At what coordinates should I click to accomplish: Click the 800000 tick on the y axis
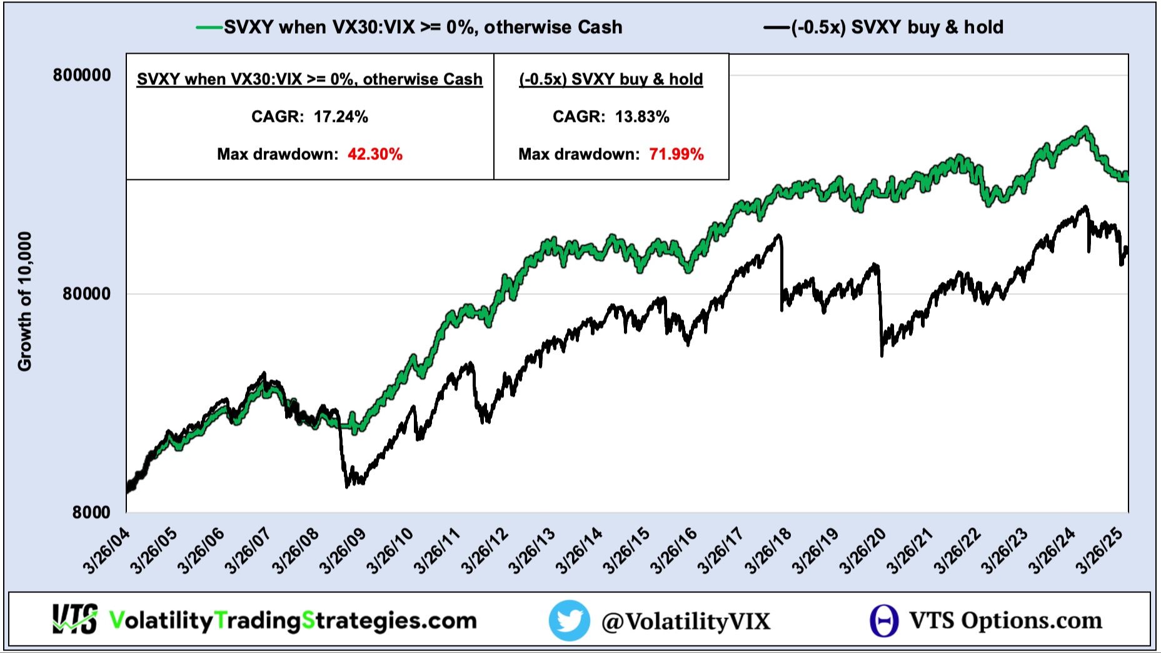click(82, 76)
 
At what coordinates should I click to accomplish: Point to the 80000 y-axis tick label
click(86, 294)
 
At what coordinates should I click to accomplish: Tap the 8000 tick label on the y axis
click(91, 512)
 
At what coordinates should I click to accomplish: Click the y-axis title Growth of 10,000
click(25, 301)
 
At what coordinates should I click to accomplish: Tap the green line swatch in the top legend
click(209, 27)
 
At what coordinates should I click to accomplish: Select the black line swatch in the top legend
click(777, 27)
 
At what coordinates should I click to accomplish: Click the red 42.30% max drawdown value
click(375, 154)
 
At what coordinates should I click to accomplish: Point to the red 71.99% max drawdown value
click(676, 154)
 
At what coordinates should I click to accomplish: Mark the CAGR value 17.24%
click(341, 117)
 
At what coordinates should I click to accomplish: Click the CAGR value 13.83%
click(642, 117)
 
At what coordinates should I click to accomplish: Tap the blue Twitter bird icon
click(569, 621)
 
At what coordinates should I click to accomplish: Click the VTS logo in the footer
click(75, 620)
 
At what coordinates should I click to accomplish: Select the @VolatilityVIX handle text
click(686, 621)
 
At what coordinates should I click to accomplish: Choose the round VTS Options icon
click(884, 621)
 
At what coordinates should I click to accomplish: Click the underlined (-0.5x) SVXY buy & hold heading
click(611, 79)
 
